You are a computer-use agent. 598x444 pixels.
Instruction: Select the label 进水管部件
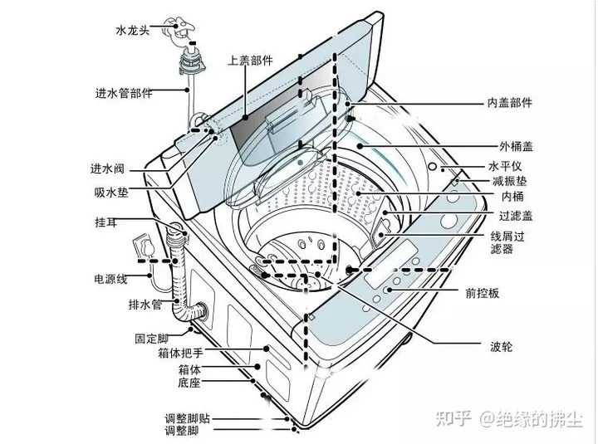[x=123, y=93]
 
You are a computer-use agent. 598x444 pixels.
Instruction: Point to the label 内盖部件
[x=509, y=103]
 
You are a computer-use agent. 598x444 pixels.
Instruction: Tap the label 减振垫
[x=509, y=181]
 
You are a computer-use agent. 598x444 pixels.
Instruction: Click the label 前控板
[x=482, y=294]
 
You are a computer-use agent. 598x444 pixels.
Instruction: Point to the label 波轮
[x=502, y=344]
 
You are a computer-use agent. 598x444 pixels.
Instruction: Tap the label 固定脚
[x=151, y=339]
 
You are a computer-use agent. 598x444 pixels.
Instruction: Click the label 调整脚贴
[x=187, y=418]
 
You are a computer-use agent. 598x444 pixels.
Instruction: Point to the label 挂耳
[x=109, y=223]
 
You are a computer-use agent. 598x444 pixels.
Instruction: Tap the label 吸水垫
[x=110, y=192]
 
